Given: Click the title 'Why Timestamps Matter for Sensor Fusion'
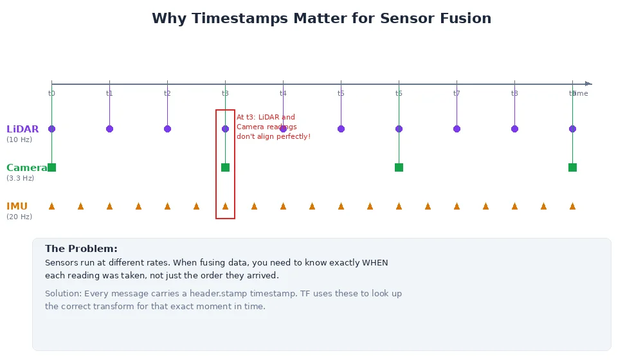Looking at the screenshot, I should point(321,19).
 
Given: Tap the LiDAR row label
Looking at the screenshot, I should point(23,129).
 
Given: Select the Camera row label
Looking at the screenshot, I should point(26,168).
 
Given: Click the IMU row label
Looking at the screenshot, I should point(17,206).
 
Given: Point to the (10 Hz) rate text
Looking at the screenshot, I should point(19,139).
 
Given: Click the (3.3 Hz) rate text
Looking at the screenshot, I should point(21,178).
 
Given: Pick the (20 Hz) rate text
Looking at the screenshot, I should point(19,217).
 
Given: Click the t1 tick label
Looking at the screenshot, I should point(109,94).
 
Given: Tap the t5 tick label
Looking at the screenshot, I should point(341,94).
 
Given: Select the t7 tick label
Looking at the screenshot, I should point(457,94).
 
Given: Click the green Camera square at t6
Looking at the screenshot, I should point(399,168).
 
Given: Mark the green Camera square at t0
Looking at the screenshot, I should point(52,168).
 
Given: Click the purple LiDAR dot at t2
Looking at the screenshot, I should point(167,129).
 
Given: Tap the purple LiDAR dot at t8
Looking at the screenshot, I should point(514,129).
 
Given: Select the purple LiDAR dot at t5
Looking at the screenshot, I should point(341,129).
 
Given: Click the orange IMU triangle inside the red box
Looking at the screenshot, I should point(225,206).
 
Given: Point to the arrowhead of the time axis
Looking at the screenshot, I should point(588,84).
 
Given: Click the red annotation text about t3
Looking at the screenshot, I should point(273,127).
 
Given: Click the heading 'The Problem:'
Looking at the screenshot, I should point(81,249).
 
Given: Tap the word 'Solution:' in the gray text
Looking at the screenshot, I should point(63,294).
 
